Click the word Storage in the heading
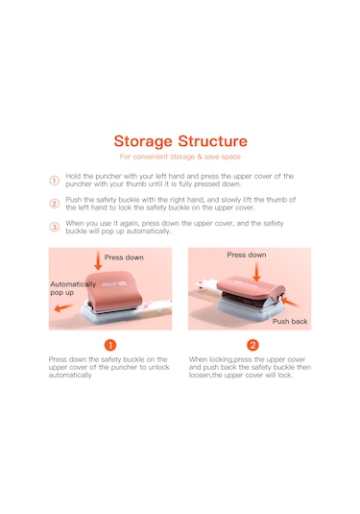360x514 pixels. (x=143, y=142)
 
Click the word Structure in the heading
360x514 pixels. (x=212, y=141)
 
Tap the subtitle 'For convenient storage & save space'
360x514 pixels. (x=180, y=157)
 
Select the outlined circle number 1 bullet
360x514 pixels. (x=55, y=181)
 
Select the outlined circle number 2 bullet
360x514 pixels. (x=55, y=204)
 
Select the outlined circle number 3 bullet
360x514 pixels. (x=55, y=227)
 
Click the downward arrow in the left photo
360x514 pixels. (x=98, y=260)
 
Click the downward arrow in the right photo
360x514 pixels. (x=257, y=272)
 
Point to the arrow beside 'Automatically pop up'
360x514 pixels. (x=63, y=307)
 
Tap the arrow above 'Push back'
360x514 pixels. (x=290, y=302)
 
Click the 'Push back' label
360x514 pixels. (x=290, y=321)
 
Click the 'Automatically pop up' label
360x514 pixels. (x=73, y=288)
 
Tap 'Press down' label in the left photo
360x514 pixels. (x=124, y=257)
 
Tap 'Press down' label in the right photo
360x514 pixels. (x=247, y=255)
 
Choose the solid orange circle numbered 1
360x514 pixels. (x=110, y=345)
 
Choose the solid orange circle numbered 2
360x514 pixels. (x=252, y=345)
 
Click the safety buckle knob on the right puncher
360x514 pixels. (x=280, y=298)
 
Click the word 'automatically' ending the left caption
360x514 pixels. (x=70, y=375)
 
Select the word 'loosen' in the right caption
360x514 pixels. (x=200, y=375)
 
